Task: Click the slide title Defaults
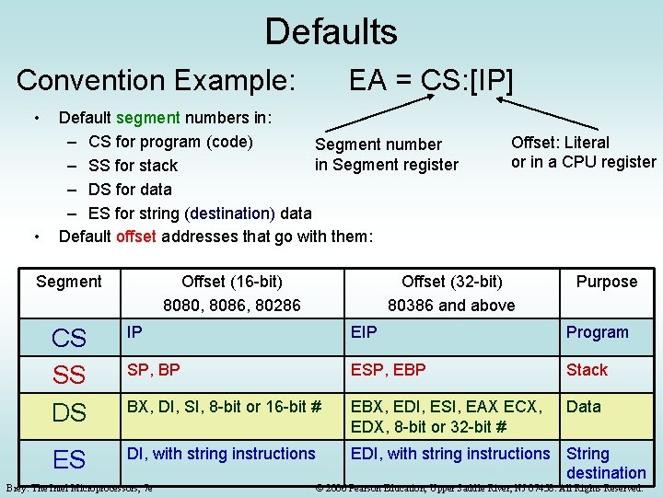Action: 331,32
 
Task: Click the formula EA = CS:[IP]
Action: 430,80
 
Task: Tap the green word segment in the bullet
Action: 148,118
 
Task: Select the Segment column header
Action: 69,282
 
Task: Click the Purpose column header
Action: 606,282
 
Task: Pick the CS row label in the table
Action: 69,339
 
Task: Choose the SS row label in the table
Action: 69,375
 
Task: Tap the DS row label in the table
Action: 69,413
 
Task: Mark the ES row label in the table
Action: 69,459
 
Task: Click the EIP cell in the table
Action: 364,332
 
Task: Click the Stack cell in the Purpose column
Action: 587,370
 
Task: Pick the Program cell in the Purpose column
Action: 597,332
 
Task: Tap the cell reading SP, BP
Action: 154,370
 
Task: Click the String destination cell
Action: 605,463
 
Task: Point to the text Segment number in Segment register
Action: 386,155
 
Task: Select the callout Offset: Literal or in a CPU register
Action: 583,152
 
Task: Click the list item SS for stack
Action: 133,166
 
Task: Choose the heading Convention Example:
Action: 156,80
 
